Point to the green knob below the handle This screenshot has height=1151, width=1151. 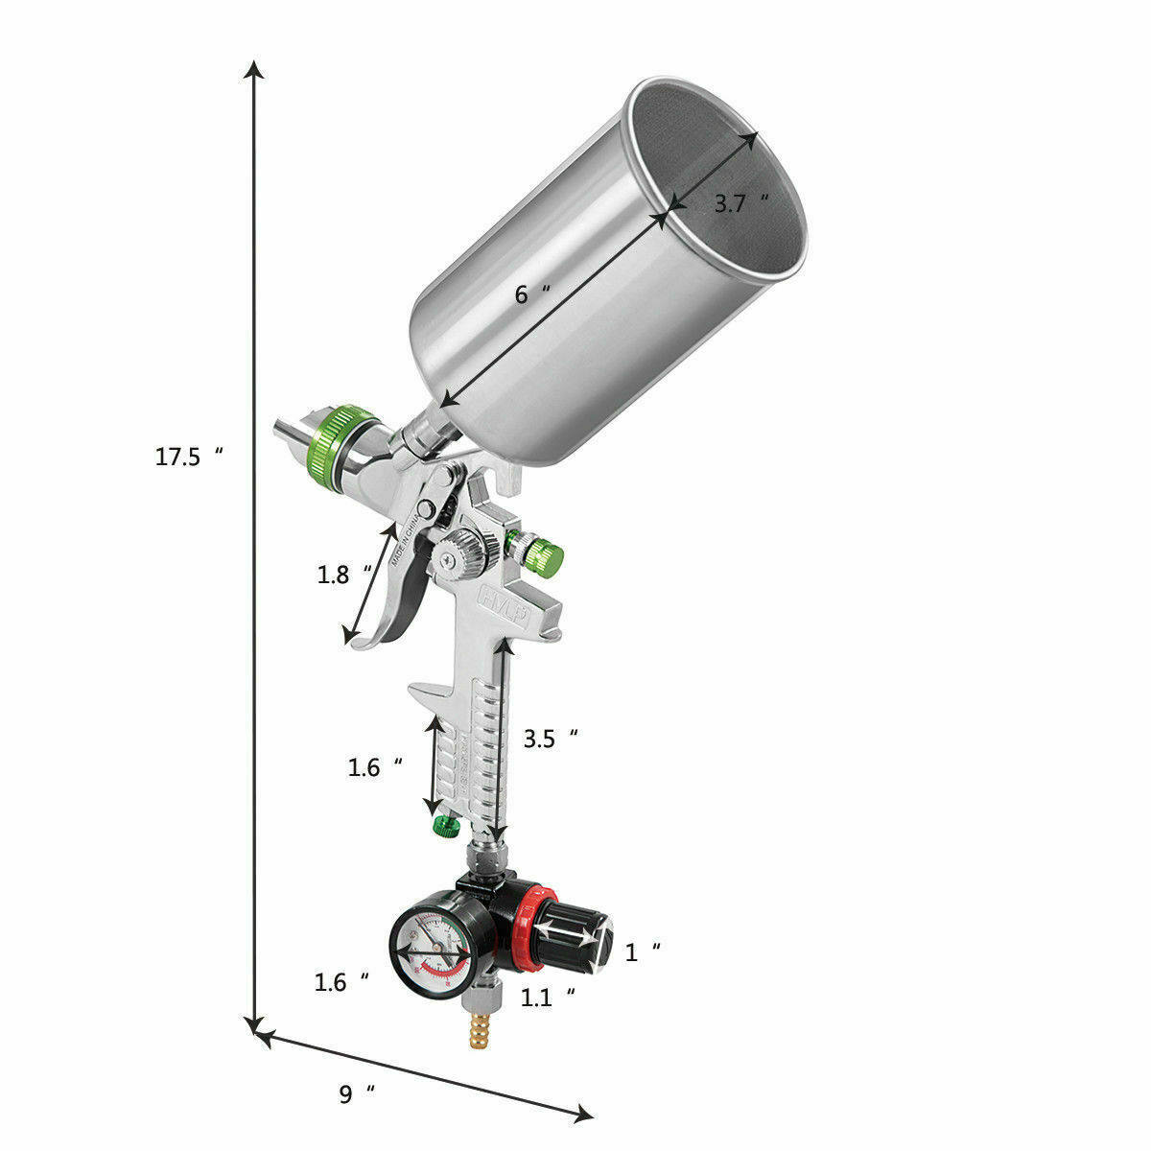(445, 825)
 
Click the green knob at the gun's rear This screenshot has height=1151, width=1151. (545, 555)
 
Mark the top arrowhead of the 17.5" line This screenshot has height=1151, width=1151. (254, 69)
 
